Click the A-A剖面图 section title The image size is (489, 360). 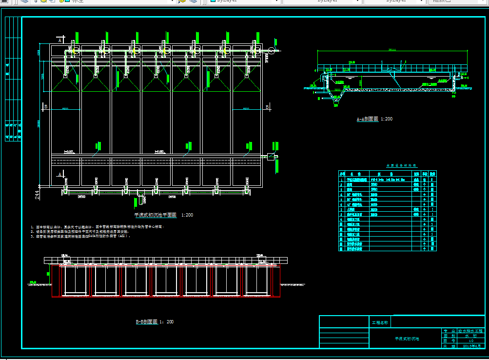(374, 119)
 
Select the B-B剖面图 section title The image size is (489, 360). (154, 322)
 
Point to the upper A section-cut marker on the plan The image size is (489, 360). (60, 40)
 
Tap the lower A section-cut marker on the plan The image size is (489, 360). (60, 174)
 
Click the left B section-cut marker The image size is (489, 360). (45, 106)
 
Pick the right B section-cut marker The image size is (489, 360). (267, 106)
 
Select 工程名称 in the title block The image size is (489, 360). (380, 322)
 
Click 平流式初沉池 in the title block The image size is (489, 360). (407, 339)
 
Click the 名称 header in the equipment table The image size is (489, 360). (356, 174)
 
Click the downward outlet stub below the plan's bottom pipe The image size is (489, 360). (142, 199)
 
